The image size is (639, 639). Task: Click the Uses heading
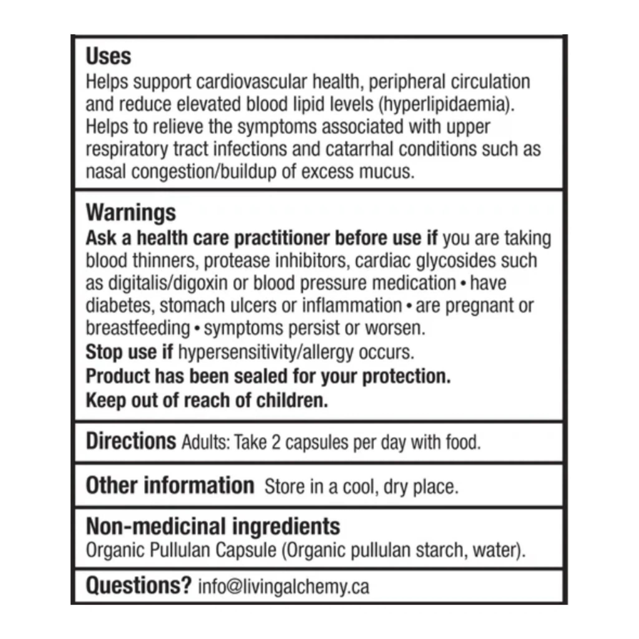(109, 56)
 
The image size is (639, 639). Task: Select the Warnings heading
(131, 213)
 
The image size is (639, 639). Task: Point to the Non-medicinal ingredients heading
(213, 526)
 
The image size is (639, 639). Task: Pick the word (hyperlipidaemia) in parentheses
(446, 104)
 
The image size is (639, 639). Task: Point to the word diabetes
(120, 305)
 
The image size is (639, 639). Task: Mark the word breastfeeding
(138, 328)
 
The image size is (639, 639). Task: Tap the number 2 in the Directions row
(276, 442)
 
